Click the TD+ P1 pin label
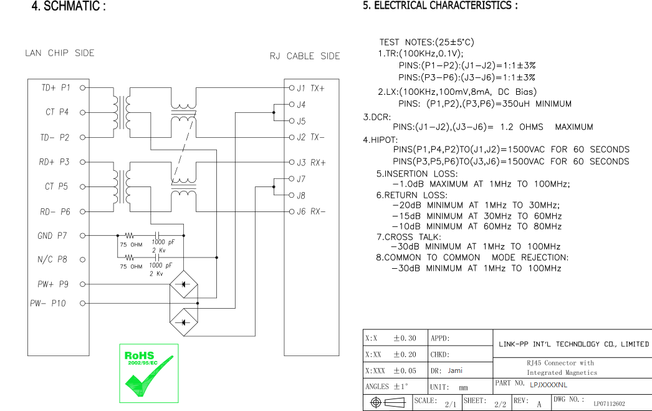55,88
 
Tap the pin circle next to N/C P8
82,259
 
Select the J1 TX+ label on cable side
310,88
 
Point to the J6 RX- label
310,212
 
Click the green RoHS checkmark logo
149,373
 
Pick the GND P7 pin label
52,236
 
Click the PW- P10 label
48,303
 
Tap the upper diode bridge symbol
183,284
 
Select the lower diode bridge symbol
183,322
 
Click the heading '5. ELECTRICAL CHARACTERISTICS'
440,6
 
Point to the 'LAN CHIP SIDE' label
59,53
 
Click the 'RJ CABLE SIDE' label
305,56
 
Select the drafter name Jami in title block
455,370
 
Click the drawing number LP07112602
609,404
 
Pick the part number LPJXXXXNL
548,385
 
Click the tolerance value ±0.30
405,338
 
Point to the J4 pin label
301,104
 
